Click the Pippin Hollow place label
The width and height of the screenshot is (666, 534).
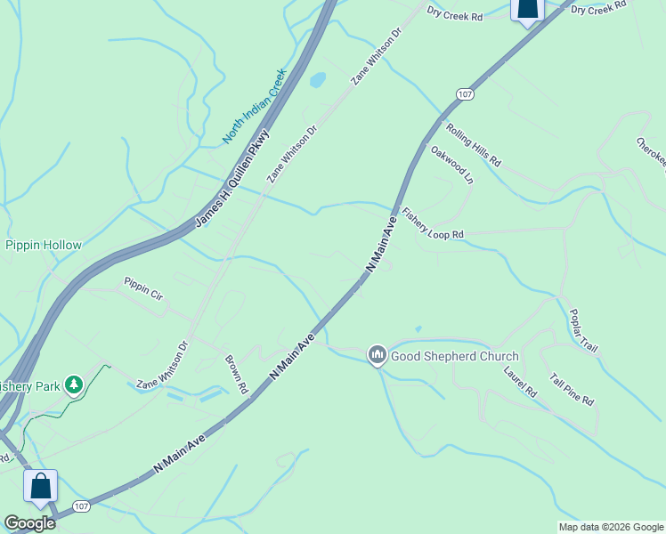click(44, 245)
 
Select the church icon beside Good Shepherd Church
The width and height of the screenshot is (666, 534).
click(377, 355)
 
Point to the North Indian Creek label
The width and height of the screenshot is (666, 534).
click(253, 107)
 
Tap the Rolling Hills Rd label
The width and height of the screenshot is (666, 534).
click(475, 146)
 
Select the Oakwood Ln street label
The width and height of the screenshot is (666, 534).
click(451, 165)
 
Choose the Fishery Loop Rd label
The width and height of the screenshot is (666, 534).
click(434, 223)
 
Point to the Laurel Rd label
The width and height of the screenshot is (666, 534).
click(521, 380)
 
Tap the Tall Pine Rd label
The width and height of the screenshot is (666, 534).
click(571, 389)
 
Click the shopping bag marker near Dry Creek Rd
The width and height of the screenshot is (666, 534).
click(527, 10)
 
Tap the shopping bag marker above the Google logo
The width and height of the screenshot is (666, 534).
click(40, 487)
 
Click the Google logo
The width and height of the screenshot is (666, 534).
click(30, 522)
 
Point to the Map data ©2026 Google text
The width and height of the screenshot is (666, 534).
click(611, 527)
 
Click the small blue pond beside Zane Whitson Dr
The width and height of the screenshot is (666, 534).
click(317, 80)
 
